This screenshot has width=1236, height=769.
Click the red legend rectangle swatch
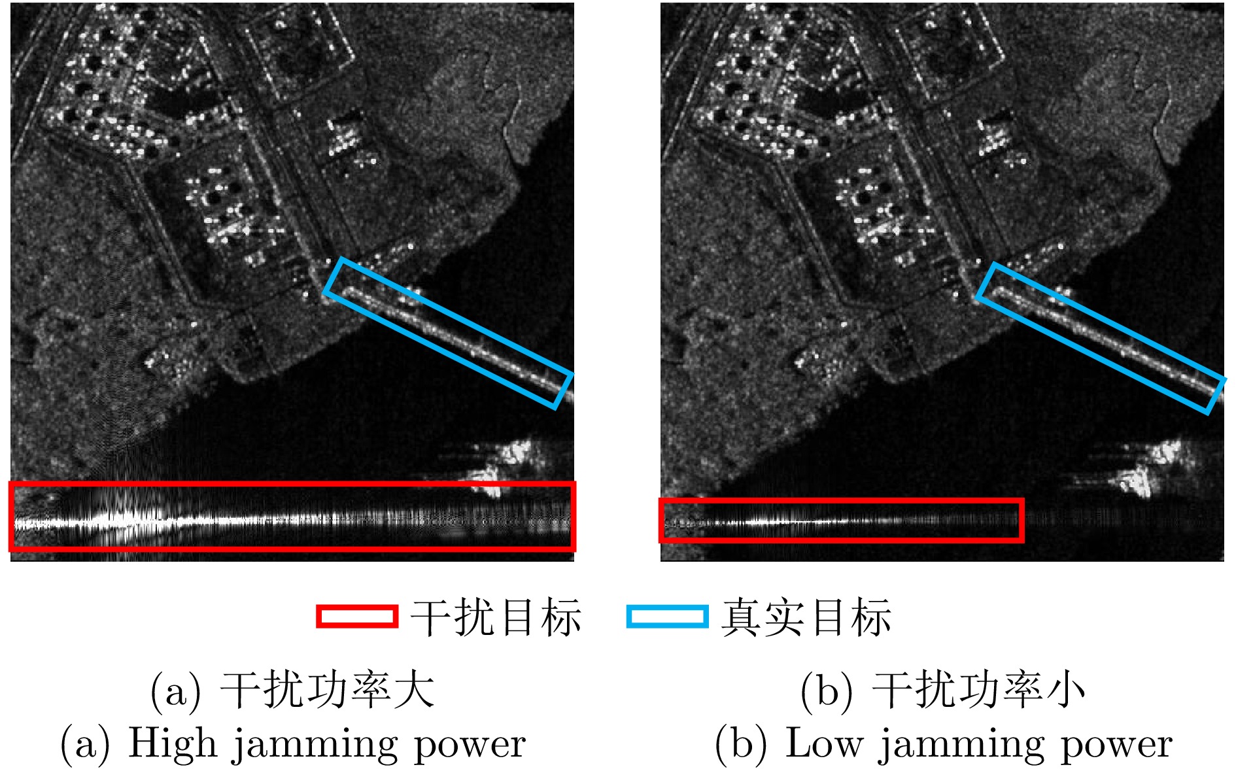pos(357,616)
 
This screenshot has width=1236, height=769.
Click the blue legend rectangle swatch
pos(667,616)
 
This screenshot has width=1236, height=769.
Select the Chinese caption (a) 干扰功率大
pos(292,691)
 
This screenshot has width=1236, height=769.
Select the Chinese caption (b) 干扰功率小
pos(942,691)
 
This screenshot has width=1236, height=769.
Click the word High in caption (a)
pos(172,743)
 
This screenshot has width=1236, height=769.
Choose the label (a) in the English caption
pos(85,744)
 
